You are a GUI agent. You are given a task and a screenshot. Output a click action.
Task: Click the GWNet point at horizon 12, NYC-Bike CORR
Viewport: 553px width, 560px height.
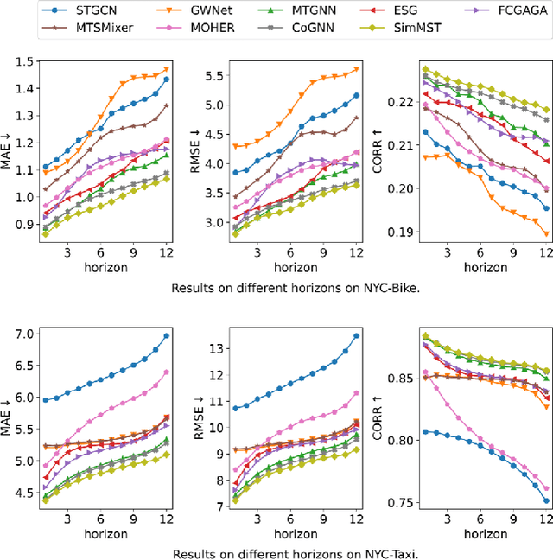pos(546,233)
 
